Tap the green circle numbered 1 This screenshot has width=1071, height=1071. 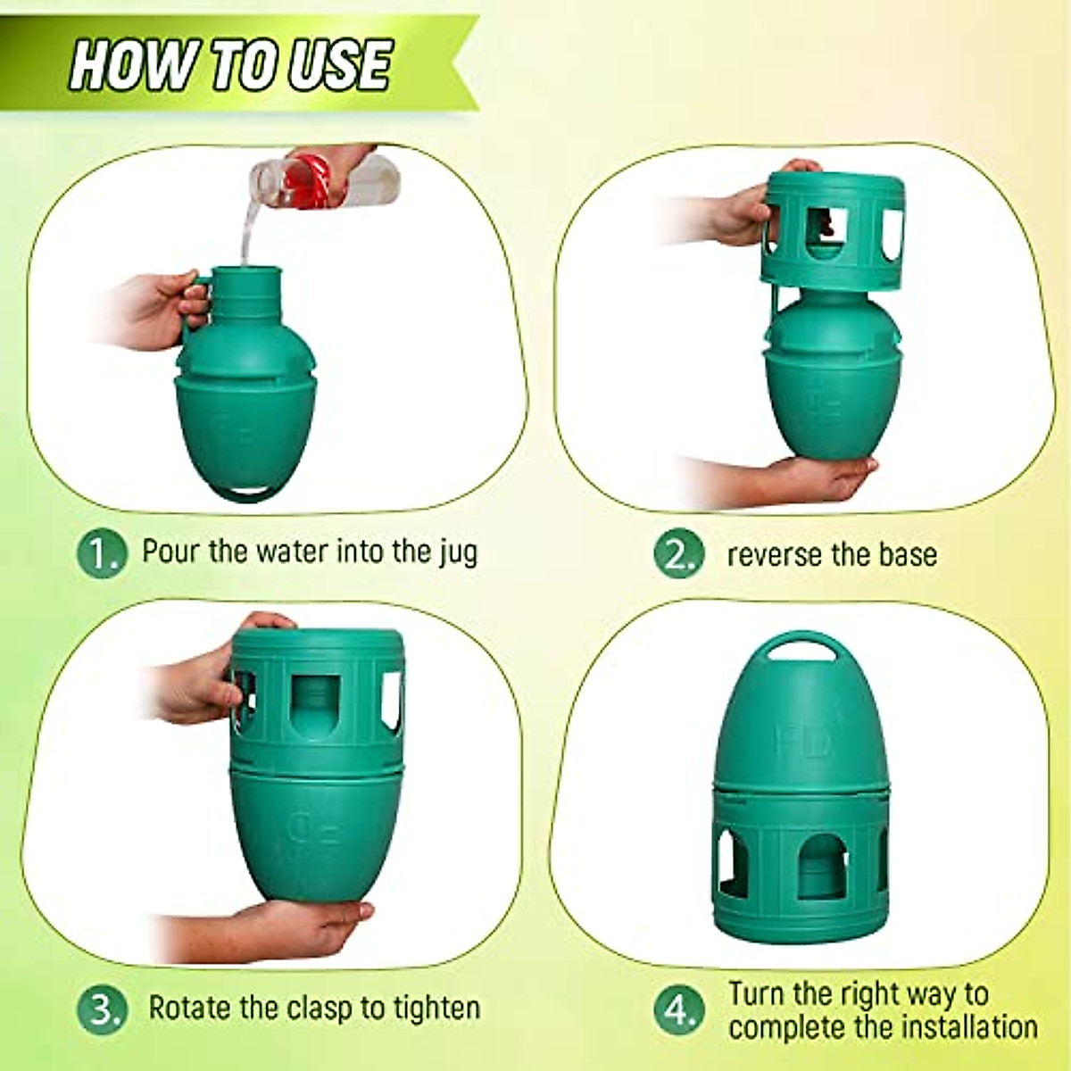coord(102,553)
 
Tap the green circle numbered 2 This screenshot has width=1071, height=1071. coord(679,554)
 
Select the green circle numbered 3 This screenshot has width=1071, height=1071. coord(102,1009)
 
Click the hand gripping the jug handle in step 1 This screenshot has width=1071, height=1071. coord(147,308)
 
